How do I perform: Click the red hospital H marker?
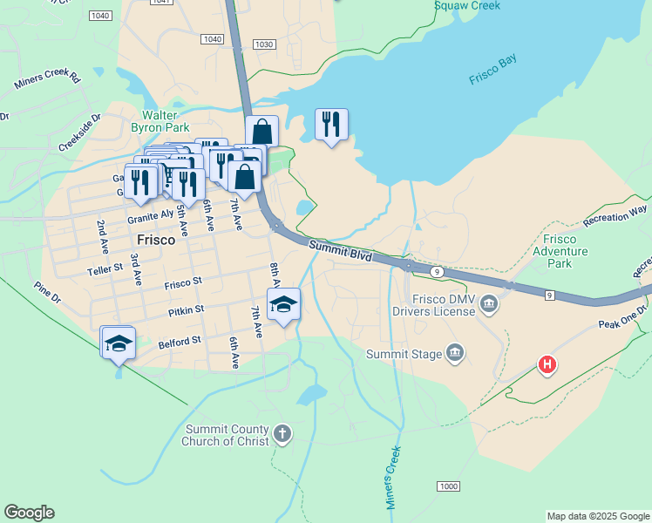pyautogui.click(x=547, y=364)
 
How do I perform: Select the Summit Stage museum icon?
pyautogui.click(x=454, y=352)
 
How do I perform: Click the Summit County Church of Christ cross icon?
pyautogui.click(x=282, y=432)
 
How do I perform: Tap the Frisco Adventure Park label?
pyautogui.click(x=566, y=251)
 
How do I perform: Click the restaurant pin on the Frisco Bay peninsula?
pyautogui.click(x=330, y=125)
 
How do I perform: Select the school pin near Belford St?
pyautogui.click(x=118, y=343)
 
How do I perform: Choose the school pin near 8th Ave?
pyautogui.click(x=283, y=304)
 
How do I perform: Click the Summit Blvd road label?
pyautogui.click(x=340, y=252)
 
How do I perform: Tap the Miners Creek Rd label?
pyautogui.click(x=47, y=81)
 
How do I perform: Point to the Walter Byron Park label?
pyautogui.click(x=160, y=121)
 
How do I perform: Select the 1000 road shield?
pyautogui.click(x=448, y=486)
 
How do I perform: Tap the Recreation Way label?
pyautogui.click(x=616, y=214)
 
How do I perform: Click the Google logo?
pyautogui.click(x=29, y=513)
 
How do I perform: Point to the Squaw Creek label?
pyautogui.click(x=469, y=5)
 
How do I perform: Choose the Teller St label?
pyautogui.click(x=105, y=270)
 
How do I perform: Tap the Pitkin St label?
pyautogui.click(x=187, y=309)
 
